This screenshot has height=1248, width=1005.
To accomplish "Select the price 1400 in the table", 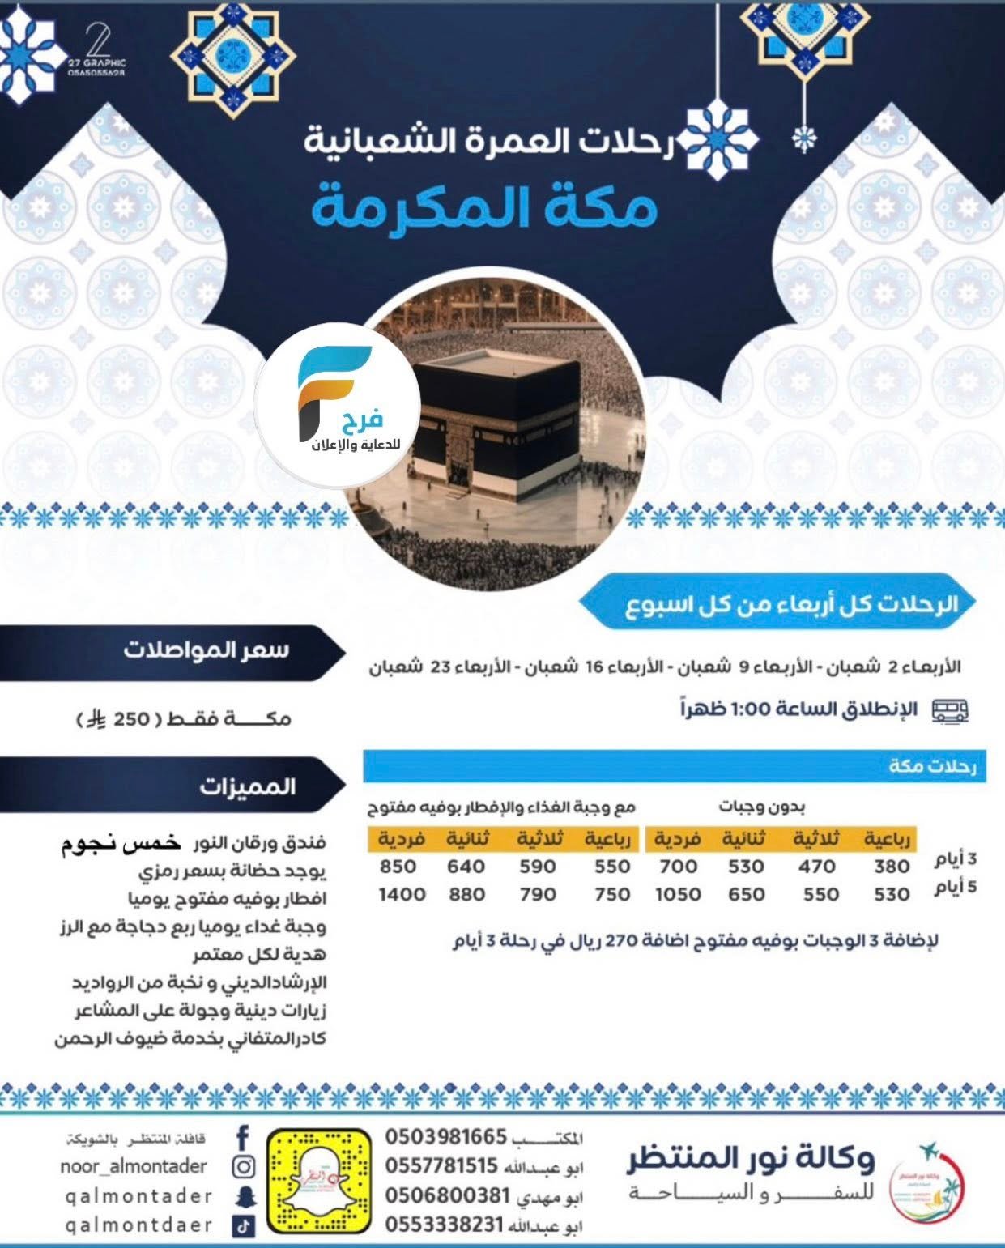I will tap(402, 894).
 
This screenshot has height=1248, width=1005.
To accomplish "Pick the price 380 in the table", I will tap(891, 867).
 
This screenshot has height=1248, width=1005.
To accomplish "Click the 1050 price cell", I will tap(678, 894).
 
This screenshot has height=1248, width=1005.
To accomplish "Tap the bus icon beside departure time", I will tap(949, 711).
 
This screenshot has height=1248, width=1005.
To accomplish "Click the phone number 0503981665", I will tap(445, 1137).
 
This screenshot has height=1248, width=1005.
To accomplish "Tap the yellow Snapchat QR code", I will tap(319, 1181).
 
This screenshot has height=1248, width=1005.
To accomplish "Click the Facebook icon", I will tap(243, 1138).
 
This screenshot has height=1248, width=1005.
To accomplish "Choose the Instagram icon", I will tap(244, 1167).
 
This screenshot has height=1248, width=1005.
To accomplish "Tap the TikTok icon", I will tap(244, 1226).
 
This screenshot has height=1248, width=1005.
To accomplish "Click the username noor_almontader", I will tap(134, 1166).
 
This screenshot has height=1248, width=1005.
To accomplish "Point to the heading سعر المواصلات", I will tap(206, 651).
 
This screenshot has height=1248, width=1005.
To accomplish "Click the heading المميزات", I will tap(247, 786).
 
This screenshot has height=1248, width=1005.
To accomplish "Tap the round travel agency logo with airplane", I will tap(926, 1179).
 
